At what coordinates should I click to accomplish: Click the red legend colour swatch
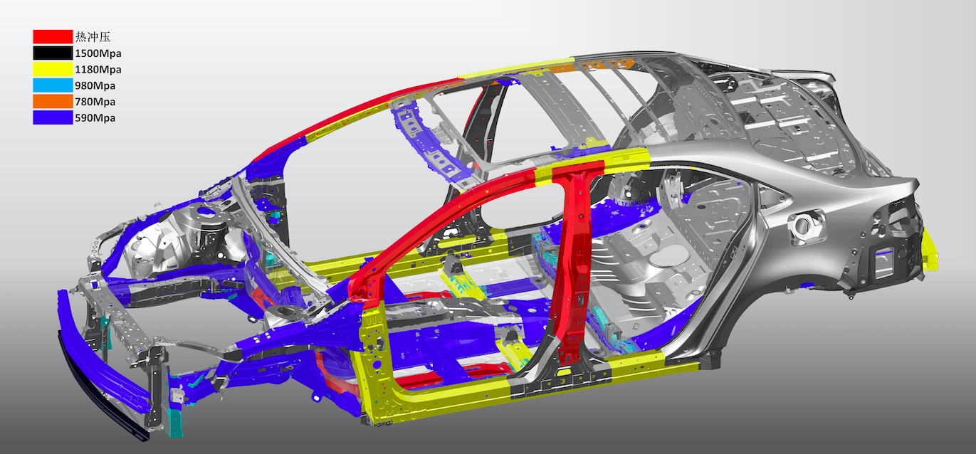[x=53, y=36]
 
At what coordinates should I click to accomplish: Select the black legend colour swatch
[x=53, y=53]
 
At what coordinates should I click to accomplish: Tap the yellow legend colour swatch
[x=53, y=69]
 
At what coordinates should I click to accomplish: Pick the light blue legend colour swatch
[x=53, y=85]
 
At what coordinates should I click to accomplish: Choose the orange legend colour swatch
[x=53, y=101]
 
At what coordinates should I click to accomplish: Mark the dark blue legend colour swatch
[x=53, y=117]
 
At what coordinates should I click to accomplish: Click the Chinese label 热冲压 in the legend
[x=93, y=36]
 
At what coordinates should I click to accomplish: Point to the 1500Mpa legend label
[x=98, y=53]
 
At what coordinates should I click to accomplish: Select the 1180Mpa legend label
[x=98, y=69]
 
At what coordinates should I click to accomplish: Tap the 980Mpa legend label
[x=95, y=85]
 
